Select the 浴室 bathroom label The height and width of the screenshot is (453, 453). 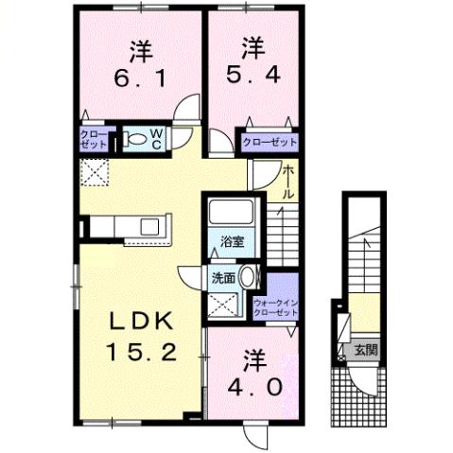(x=232, y=241)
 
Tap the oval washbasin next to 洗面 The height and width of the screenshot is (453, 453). (x=248, y=278)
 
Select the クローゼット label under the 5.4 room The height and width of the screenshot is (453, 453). (x=269, y=142)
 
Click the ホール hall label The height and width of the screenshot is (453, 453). (x=287, y=181)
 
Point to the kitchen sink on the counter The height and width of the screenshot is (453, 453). (x=149, y=226)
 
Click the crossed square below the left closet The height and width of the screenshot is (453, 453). (x=95, y=171)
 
